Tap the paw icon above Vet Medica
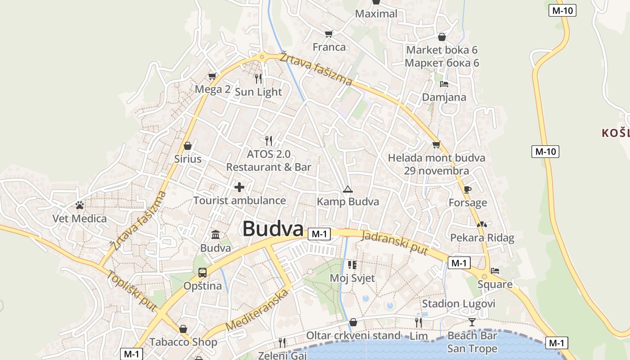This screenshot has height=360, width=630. coord(80,206)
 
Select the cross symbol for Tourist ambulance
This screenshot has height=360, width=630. coord(239,187)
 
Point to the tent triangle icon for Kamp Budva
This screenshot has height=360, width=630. coord(347,189)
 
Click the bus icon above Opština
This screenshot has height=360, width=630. coord(202,272)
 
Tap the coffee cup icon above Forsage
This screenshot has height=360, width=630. coord(468,189)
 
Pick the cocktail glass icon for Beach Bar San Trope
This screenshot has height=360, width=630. coord(472,322)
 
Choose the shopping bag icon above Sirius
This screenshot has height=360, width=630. coord(188,146)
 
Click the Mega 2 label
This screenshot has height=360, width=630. coord(212,89)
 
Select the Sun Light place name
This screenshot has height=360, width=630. coord(259,92)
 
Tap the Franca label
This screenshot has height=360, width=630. coord(329,47)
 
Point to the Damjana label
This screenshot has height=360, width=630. coord(444,97)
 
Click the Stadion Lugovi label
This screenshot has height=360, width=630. coord(459,304)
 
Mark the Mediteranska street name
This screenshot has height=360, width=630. coord(256,310)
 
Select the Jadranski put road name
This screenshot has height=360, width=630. coord(395,243)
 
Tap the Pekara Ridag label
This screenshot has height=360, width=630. coord(482,238)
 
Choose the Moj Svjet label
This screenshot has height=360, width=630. coord(352,278)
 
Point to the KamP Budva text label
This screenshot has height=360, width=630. coord(348,202)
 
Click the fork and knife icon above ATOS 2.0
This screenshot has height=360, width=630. coord(269,141)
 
